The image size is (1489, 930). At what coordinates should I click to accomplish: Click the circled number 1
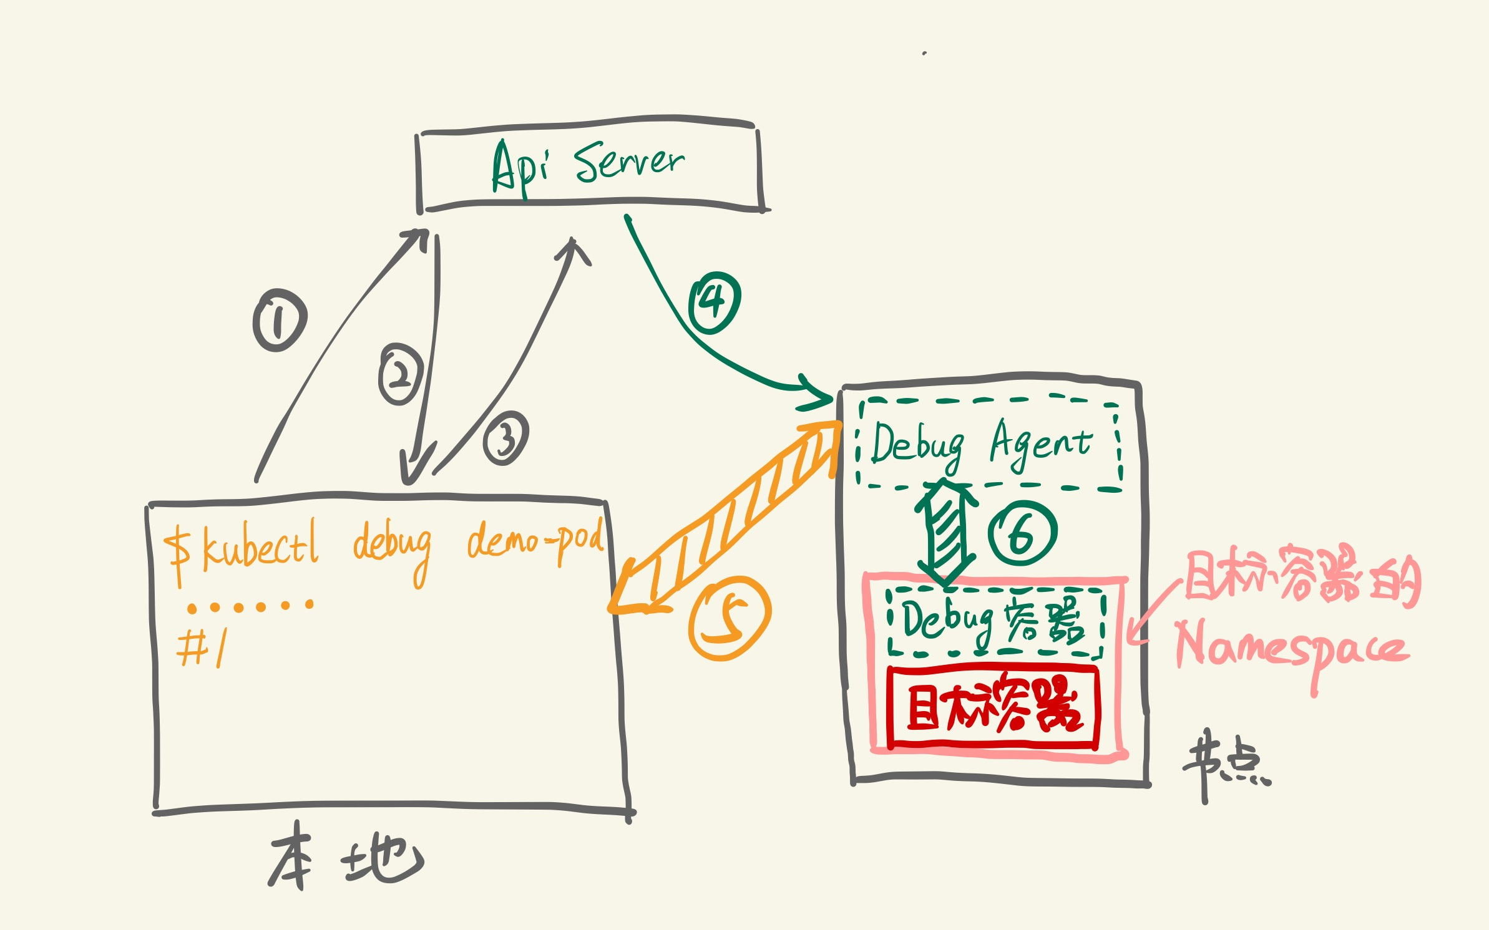(280, 320)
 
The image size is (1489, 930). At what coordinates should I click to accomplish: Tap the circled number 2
(400, 374)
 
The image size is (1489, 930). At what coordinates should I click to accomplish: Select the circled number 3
(505, 438)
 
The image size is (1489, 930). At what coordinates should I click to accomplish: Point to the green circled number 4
(714, 303)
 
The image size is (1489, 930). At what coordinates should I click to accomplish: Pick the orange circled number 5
(729, 618)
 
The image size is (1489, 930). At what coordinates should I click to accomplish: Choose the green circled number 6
(1022, 533)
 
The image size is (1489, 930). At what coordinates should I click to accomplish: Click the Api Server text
(588, 165)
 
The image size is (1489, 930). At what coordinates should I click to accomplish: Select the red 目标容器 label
(992, 707)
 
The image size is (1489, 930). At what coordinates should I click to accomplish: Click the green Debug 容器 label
(993, 621)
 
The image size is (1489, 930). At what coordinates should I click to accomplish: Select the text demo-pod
(535, 540)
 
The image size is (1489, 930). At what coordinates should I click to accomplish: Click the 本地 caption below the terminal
(346, 858)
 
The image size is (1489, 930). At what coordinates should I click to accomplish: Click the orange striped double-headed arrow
(724, 518)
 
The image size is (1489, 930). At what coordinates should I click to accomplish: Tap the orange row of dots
(250, 606)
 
